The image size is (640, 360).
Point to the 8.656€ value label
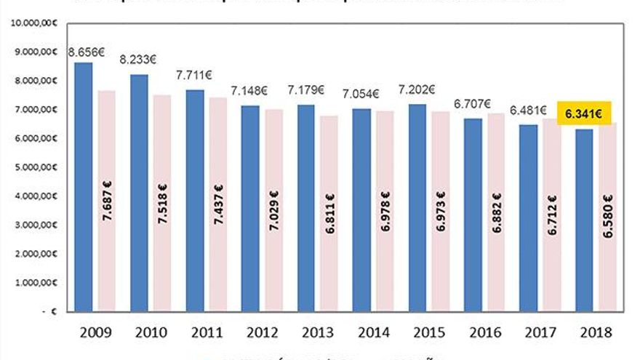pos(85,52)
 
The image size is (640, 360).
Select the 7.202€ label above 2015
pos(417,92)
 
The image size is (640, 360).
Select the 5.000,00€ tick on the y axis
pos(32,167)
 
